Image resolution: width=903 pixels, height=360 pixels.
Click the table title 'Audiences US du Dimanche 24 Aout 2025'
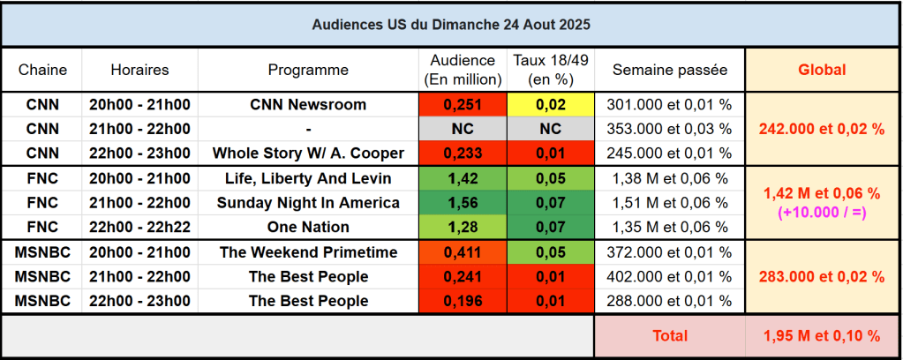coord(451,25)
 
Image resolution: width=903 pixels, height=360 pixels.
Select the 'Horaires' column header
coord(139,70)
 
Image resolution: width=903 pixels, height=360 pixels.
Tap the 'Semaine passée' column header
coord(669,70)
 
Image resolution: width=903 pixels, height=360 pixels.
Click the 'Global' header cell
coord(822,70)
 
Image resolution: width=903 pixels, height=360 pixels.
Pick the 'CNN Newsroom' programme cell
coord(308,104)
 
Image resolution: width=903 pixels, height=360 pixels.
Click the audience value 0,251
coord(463,104)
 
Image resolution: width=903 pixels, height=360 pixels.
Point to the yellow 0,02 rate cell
coord(551,104)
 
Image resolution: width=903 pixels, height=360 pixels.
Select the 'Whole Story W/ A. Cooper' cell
coord(308,154)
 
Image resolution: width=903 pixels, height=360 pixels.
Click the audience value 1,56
coord(463,203)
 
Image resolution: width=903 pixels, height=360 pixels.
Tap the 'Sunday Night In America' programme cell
coord(308,203)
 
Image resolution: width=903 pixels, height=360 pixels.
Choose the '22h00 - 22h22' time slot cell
coord(139,228)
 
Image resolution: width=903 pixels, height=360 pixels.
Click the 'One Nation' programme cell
coord(308,228)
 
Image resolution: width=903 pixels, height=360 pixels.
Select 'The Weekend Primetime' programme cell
coord(308,252)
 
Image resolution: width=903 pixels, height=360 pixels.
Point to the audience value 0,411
coord(463,252)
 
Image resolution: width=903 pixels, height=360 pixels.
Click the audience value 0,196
coord(463,301)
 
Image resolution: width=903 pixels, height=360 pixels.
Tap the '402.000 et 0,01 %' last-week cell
coord(669,277)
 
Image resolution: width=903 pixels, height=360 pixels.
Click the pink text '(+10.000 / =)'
coord(822,213)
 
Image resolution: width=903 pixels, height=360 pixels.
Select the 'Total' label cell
coord(669,336)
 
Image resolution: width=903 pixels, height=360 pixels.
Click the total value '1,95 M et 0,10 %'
coord(822,336)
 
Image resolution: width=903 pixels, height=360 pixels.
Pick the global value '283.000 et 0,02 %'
coord(822,277)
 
